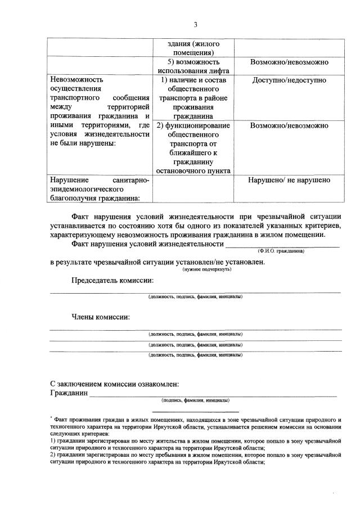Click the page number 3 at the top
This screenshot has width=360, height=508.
point(195,25)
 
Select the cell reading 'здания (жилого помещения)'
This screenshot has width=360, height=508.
point(193,48)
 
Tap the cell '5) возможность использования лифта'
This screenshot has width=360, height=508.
point(193,66)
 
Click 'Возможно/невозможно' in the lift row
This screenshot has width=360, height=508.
point(289,62)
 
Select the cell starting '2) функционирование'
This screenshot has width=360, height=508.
point(193,148)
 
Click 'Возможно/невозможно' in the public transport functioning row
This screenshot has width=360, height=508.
point(289,125)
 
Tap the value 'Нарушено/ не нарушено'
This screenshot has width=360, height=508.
point(289,181)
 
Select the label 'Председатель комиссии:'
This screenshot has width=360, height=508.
point(112,281)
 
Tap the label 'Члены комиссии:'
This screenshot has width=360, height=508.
point(100,317)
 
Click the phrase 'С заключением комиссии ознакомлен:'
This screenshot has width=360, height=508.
point(115,384)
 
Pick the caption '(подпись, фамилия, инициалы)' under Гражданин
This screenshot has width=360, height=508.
point(195,401)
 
